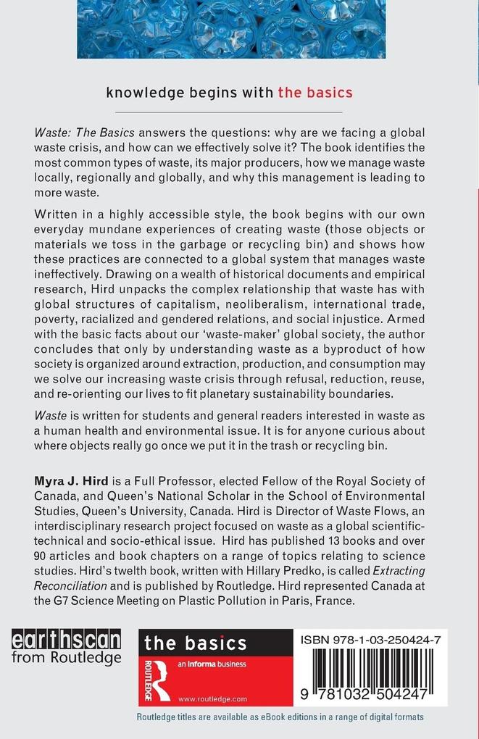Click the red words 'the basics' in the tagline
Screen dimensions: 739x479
click(315, 92)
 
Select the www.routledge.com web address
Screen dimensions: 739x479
click(212, 698)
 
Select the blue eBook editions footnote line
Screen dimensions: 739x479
click(280, 717)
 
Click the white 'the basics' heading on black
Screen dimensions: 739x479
click(195, 643)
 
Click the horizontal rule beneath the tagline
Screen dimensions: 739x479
click(229, 113)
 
